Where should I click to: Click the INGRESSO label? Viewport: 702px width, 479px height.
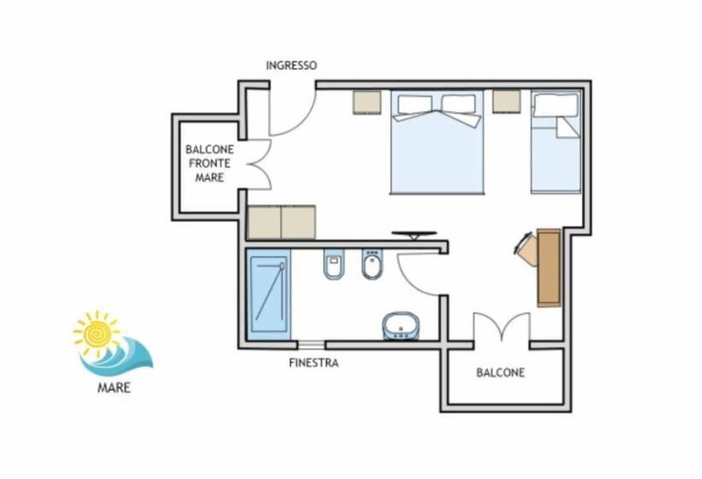(291, 65)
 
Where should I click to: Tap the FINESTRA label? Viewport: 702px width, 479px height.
(313, 363)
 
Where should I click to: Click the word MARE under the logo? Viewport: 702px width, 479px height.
(114, 387)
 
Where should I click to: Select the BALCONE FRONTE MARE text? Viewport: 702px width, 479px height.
(210, 163)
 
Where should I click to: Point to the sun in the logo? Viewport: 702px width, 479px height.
(97, 334)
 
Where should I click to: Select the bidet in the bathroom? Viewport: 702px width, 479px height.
(372, 263)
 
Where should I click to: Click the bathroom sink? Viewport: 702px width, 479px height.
(401, 326)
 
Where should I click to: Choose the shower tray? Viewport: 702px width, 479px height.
(269, 294)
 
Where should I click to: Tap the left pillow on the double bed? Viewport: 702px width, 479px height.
(414, 104)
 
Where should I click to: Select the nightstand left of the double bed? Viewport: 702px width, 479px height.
(367, 103)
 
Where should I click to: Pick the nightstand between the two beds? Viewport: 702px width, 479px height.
(506, 102)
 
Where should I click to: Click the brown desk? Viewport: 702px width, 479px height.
(549, 268)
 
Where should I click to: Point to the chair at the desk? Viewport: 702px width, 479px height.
(526, 249)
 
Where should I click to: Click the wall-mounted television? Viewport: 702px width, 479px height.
(414, 234)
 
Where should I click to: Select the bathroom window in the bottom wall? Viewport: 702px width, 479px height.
(312, 345)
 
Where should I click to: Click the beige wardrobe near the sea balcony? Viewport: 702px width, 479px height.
(282, 222)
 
